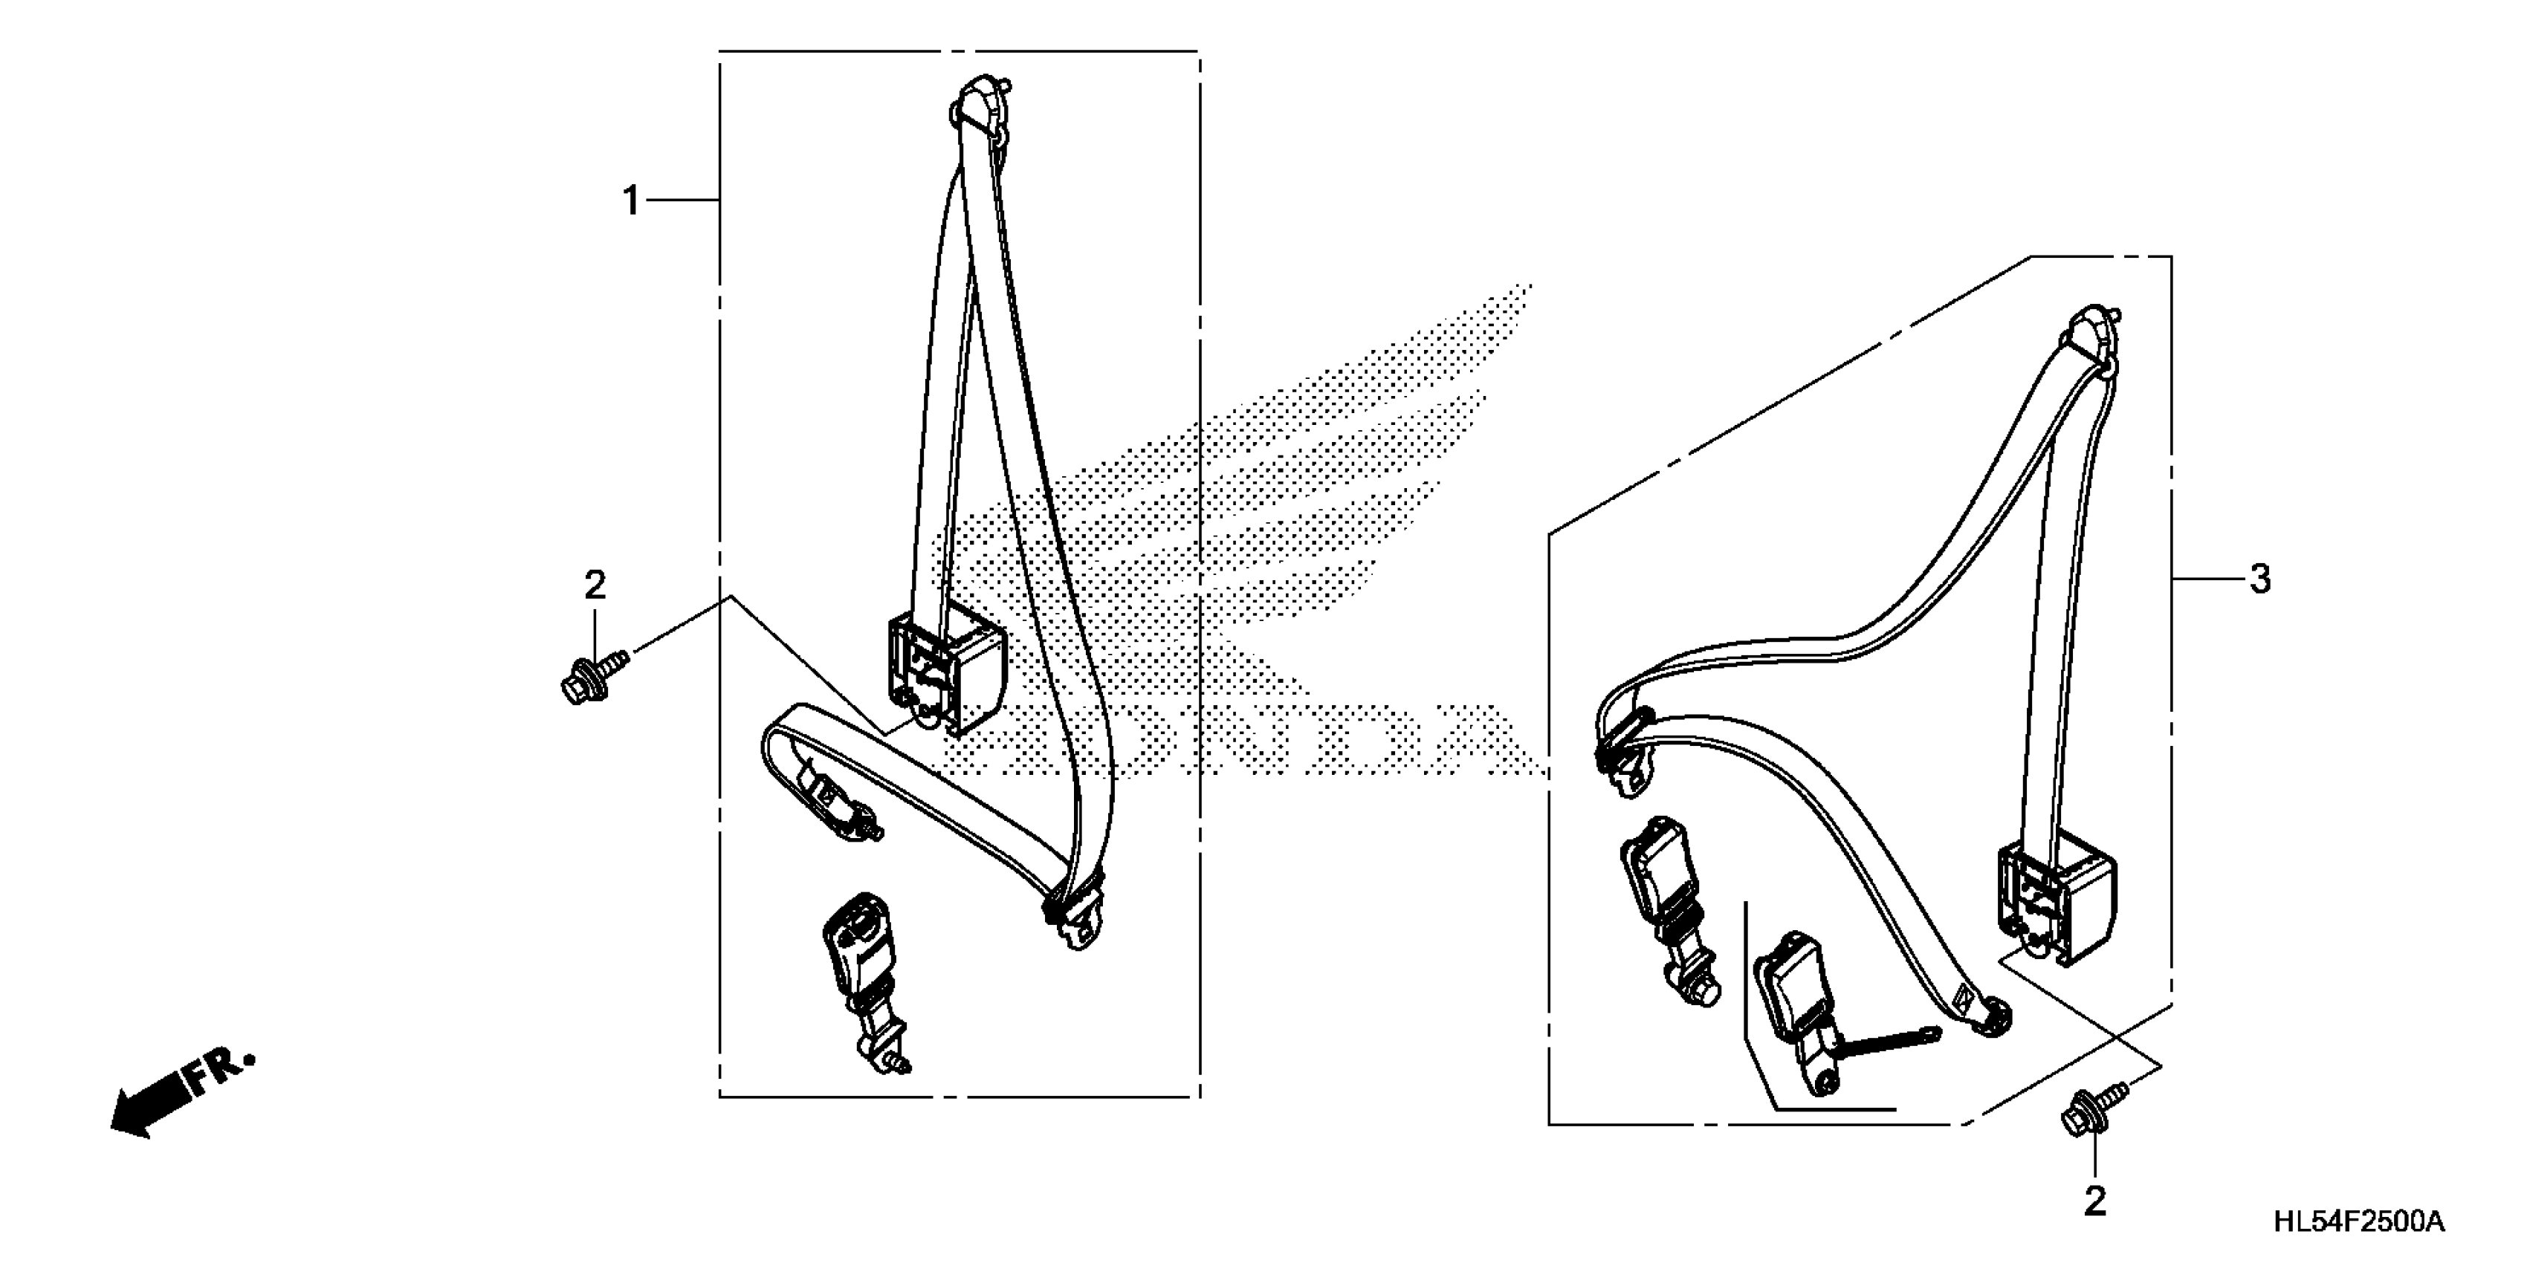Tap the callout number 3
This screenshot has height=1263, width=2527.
click(x=2259, y=579)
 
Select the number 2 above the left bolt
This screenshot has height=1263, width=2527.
click(x=595, y=585)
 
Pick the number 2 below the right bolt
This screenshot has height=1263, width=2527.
click(x=2094, y=1202)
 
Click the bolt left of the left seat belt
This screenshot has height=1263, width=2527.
click(x=591, y=677)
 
